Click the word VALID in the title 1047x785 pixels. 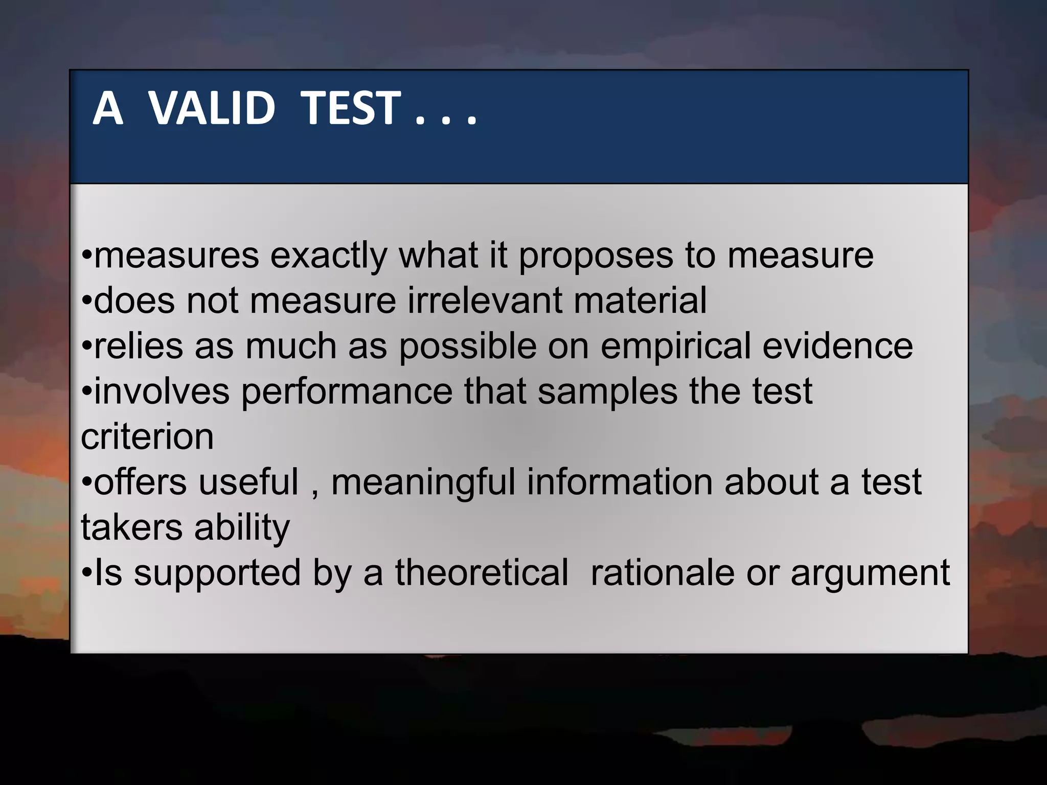(x=212, y=108)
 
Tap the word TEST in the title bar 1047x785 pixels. (x=350, y=108)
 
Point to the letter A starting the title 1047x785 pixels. (x=108, y=108)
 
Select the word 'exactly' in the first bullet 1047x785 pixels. (x=328, y=256)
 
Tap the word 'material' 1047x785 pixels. (x=640, y=301)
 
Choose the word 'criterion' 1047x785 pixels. (x=147, y=437)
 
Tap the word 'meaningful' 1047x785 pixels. (x=423, y=482)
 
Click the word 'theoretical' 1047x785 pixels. (x=482, y=572)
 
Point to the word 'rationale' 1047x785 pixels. (x=663, y=572)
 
